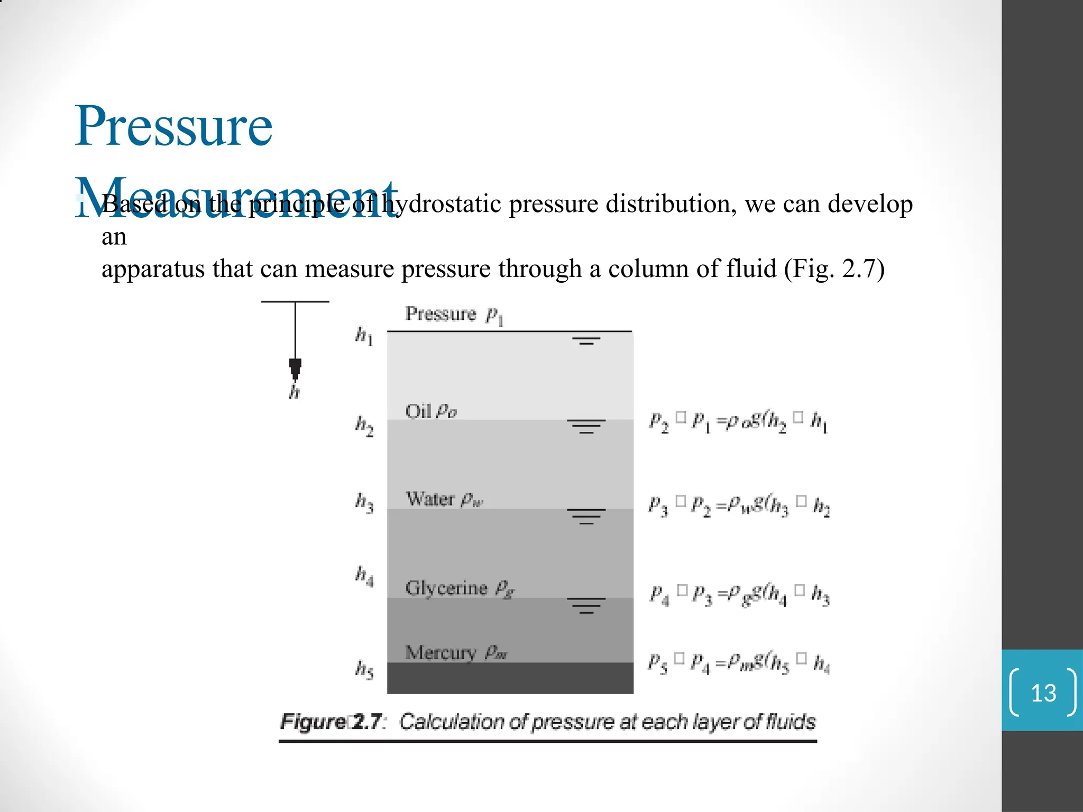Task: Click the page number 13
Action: (x=1043, y=693)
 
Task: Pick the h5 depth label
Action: (x=364, y=669)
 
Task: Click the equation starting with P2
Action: (x=738, y=421)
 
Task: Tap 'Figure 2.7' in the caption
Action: (x=332, y=722)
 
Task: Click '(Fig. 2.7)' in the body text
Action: (x=834, y=269)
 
